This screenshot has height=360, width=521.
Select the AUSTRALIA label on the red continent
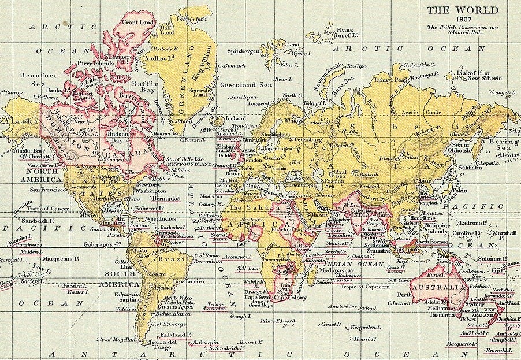pyautogui.click(x=437, y=287)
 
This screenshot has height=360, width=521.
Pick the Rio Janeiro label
pyautogui.click(x=188, y=281)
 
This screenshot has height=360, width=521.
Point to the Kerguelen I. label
pyautogui.click(x=363, y=328)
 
